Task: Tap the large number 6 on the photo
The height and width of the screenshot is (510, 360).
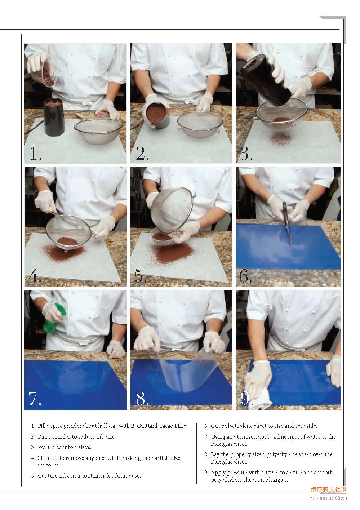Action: (x=244, y=277)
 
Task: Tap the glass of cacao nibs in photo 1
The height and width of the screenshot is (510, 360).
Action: (x=44, y=73)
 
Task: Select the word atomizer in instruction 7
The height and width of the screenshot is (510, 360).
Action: (x=242, y=437)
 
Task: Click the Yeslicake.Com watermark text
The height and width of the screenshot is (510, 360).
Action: (x=328, y=498)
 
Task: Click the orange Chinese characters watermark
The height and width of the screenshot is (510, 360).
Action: (x=329, y=490)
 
